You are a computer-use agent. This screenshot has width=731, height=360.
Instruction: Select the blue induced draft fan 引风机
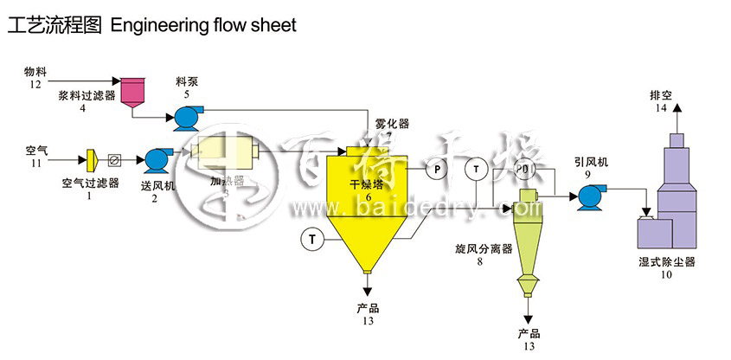coord(592,196)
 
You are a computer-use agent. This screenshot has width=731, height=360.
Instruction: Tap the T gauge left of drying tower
coord(311,236)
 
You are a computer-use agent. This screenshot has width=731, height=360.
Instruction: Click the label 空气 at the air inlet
coord(35,150)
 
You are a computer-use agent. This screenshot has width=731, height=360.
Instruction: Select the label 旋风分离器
coord(484,248)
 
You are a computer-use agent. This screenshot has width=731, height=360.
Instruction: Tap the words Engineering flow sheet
coord(203,25)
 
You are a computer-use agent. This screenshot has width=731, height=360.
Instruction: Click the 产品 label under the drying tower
coord(368,307)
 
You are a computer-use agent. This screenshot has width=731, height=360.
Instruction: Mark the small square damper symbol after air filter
coord(114,160)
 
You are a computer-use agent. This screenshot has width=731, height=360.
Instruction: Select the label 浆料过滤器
coord(82,95)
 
